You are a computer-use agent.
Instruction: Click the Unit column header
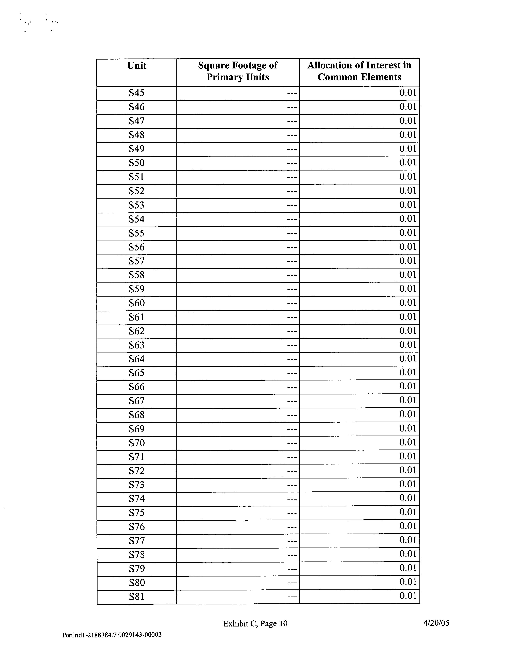click(x=137, y=65)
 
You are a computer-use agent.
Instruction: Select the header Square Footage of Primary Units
click(x=238, y=71)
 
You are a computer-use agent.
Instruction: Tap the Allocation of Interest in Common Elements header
click(x=359, y=71)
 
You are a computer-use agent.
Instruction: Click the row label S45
click(x=137, y=93)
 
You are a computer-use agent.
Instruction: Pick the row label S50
click(x=137, y=163)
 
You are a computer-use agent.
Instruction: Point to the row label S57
click(x=137, y=261)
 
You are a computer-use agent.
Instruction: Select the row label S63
click(x=137, y=345)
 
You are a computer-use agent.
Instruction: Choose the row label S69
click(x=137, y=429)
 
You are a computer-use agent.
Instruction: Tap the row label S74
click(x=137, y=499)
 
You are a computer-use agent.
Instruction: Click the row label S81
click(x=137, y=597)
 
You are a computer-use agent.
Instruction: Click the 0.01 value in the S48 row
click(x=408, y=135)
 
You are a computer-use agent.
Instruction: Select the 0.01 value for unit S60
click(x=408, y=303)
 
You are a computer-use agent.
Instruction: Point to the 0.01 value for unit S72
click(x=408, y=470)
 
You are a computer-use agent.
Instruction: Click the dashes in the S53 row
click(x=292, y=206)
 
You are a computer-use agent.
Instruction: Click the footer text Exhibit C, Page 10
click(x=255, y=624)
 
